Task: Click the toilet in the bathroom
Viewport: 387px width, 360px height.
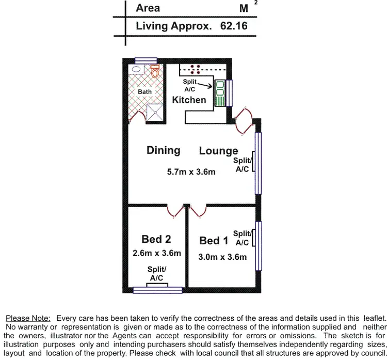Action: tap(155, 72)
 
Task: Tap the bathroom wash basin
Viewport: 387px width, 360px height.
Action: tap(136, 69)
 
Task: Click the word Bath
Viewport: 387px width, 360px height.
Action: tap(144, 92)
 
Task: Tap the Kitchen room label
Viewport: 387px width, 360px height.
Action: tap(189, 100)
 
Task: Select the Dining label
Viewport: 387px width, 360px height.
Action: tap(163, 150)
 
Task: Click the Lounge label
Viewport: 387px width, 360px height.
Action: tap(218, 151)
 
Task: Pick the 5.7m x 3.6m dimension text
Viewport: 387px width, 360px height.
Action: tap(190, 172)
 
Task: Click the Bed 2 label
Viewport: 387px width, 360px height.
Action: tap(156, 239)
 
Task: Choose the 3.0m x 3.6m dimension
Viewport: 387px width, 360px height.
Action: tap(222, 257)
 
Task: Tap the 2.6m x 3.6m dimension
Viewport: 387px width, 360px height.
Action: tap(156, 253)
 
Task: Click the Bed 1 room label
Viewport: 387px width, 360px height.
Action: tap(214, 241)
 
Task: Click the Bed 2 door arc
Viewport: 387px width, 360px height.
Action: tap(175, 211)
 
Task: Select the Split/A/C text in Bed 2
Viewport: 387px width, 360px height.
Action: tap(156, 273)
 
